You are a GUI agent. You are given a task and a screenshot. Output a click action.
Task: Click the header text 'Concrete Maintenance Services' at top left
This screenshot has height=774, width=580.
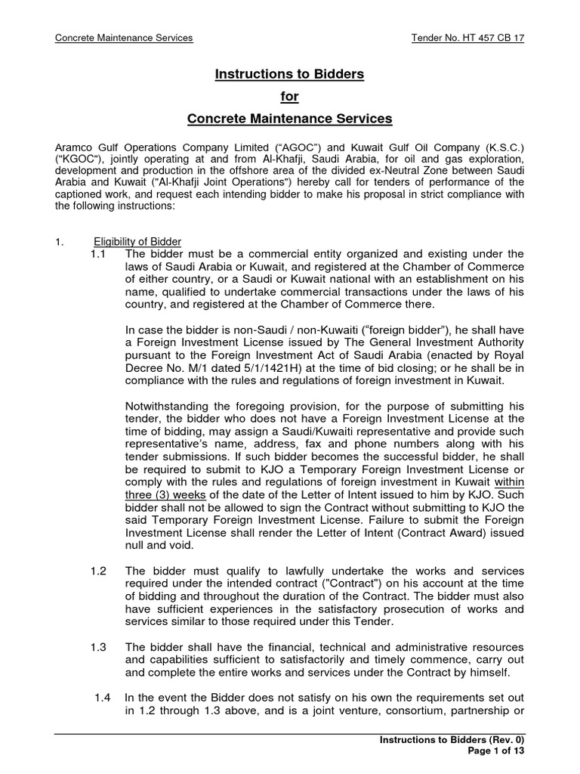[125, 38]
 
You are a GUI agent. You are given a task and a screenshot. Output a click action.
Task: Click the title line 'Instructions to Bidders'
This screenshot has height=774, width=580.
[290, 74]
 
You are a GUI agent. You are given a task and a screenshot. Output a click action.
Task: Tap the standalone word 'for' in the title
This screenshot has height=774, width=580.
[290, 96]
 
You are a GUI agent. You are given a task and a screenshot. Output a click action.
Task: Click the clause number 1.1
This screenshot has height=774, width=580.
[97, 254]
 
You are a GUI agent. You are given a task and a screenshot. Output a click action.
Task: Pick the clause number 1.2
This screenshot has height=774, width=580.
[97, 570]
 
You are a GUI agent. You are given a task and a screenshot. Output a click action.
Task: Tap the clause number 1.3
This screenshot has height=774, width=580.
[97, 647]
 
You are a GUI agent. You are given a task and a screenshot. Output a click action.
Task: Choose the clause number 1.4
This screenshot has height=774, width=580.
[103, 697]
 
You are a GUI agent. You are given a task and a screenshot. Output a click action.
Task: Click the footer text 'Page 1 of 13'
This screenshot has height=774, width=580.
[492, 751]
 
